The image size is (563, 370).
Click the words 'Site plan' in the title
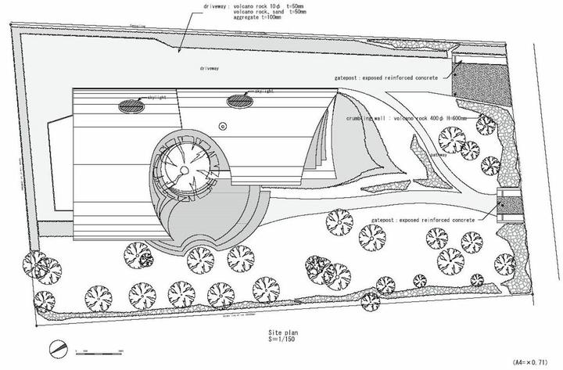point(281,332)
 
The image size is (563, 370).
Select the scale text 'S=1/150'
point(280,340)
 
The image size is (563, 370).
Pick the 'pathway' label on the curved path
point(439,155)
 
